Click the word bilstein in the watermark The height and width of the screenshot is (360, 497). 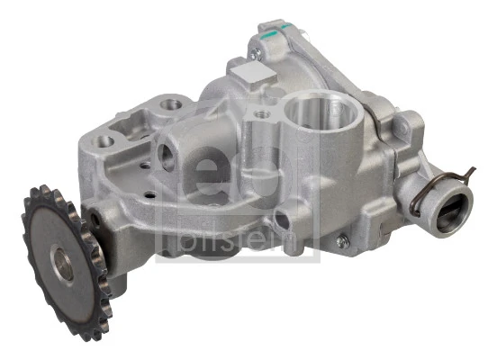pyautogui.click(x=235, y=236)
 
